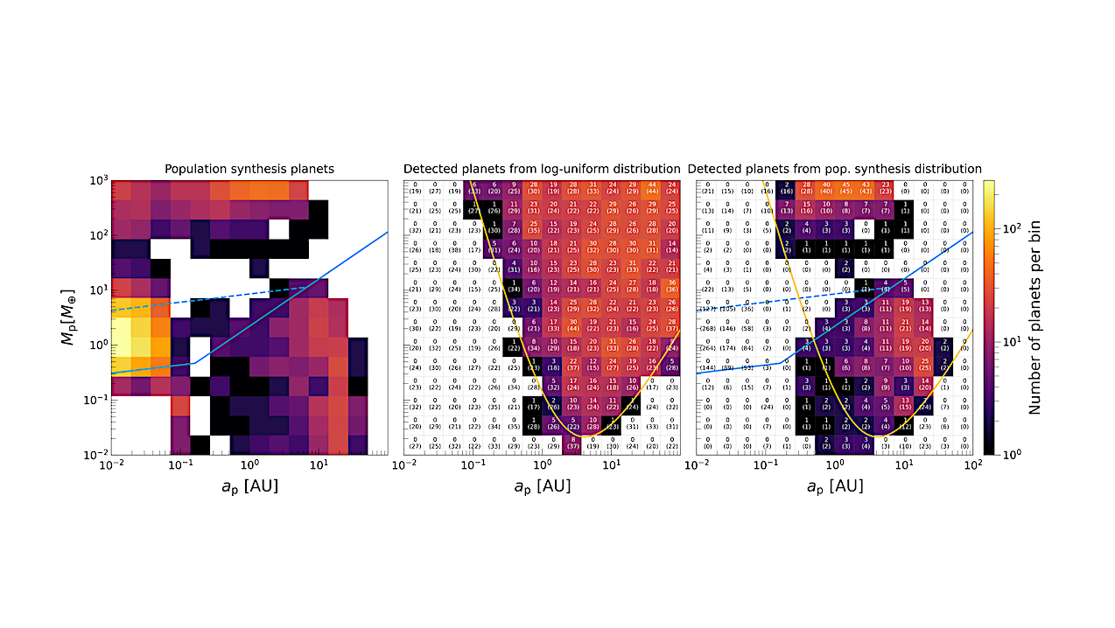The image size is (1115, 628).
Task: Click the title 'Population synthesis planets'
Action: [x=249, y=169]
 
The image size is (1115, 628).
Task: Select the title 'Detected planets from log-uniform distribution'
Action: [x=542, y=169]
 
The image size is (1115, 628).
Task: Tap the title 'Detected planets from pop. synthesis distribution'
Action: [x=835, y=169]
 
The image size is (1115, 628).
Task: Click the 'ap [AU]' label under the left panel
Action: [x=249, y=485]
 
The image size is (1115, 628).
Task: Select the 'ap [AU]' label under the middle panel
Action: [x=542, y=485]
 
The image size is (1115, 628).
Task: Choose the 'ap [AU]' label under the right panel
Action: [x=835, y=485]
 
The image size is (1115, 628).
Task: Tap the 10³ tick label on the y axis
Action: [x=96, y=181]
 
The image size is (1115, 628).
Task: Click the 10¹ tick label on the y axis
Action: [x=96, y=290]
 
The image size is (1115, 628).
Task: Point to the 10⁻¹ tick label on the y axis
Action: [x=95, y=401]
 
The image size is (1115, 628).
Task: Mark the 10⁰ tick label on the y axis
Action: [x=96, y=345]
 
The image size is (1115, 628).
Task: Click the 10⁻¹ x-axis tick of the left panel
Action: [x=180, y=466]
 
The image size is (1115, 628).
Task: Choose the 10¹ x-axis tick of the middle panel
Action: [x=611, y=466]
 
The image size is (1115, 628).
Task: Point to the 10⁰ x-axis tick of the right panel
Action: [x=835, y=466]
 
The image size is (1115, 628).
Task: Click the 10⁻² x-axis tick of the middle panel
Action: [x=403, y=466]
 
